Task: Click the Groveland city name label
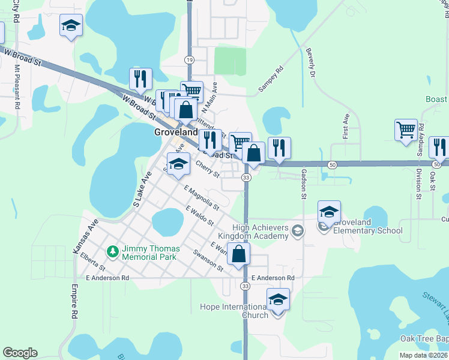click(176, 132)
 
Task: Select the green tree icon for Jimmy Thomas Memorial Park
click(112, 250)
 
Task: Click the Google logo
click(20, 353)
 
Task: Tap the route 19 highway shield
click(190, 60)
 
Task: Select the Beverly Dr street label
click(311, 64)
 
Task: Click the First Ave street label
click(346, 125)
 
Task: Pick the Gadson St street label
click(304, 181)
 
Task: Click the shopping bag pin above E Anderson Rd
click(239, 253)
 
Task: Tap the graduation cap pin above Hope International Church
click(278, 299)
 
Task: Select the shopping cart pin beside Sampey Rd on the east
click(406, 130)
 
